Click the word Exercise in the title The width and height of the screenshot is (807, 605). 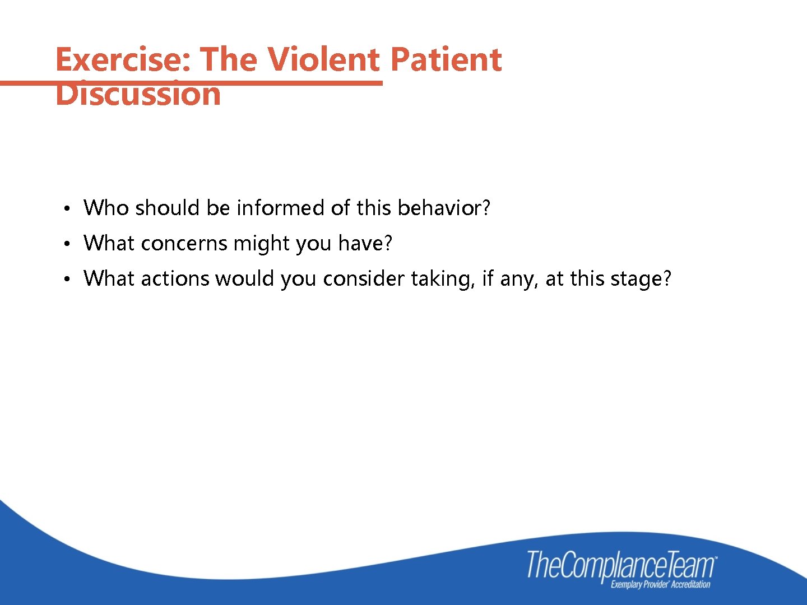pyautogui.click(x=123, y=59)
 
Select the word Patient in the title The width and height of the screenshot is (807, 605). pyautogui.click(x=446, y=59)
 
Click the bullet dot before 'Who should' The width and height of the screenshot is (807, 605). pyautogui.click(x=66, y=209)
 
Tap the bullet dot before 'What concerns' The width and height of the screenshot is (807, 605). pyautogui.click(x=66, y=244)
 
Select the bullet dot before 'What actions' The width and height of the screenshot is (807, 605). pyautogui.click(x=66, y=280)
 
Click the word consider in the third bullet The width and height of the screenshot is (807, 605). pyautogui.click(x=364, y=279)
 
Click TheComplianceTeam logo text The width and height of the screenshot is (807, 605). pyautogui.click(x=621, y=565)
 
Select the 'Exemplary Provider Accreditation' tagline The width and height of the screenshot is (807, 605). pyautogui.click(x=660, y=585)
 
